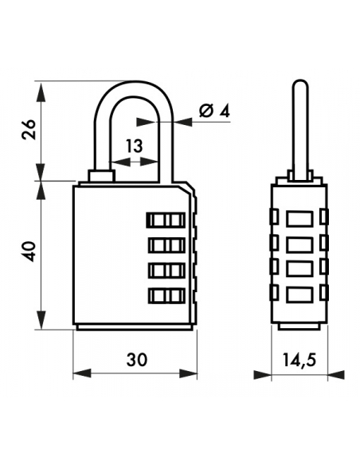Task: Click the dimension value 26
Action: coord(27,130)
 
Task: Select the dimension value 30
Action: coord(136,360)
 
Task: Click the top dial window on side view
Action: coord(299,217)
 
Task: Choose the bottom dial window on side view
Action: coord(299,295)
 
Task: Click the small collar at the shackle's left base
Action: coord(101,174)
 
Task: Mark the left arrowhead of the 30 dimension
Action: coord(78,373)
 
